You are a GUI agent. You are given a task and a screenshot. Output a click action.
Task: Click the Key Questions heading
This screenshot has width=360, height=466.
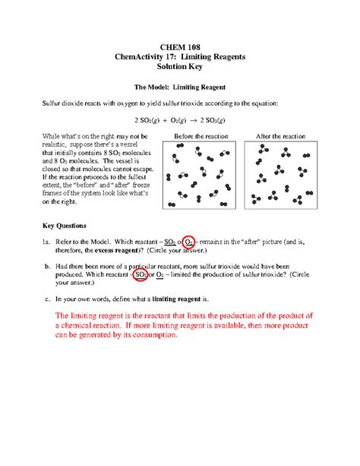pos(65,226)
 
